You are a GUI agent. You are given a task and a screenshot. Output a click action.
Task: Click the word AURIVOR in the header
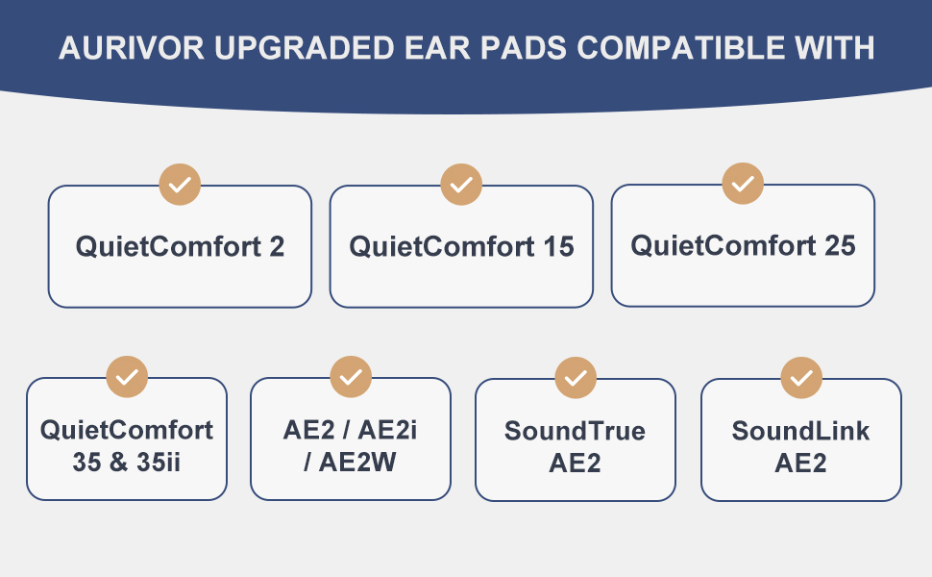[132, 48]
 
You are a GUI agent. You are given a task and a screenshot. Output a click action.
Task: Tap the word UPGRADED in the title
[305, 48]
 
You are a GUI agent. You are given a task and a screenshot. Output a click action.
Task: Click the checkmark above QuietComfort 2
[180, 185]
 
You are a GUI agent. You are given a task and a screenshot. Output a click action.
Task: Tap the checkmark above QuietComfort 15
[461, 185]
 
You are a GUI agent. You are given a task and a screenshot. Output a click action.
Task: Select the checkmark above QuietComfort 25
[743, 184]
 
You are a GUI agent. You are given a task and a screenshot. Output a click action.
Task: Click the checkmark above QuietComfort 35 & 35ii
[127, 377]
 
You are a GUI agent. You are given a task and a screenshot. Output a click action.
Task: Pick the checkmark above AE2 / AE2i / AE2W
[351, 377]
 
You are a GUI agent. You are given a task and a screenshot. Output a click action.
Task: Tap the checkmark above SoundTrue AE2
[576, 378]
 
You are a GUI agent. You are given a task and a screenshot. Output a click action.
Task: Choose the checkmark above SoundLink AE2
[801, 378]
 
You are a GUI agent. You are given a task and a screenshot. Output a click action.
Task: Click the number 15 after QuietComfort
[559, 247]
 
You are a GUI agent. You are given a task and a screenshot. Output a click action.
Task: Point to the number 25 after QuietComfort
[840, 245]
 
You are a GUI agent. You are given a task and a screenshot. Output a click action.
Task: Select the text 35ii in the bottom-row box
[159, 463]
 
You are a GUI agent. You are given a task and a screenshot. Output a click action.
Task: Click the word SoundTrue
[575, 431]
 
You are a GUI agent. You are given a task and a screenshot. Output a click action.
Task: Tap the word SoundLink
[800, 431]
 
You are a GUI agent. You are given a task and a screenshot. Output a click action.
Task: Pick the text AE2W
[357, 463]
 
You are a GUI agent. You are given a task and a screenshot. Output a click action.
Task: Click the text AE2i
[387, 430]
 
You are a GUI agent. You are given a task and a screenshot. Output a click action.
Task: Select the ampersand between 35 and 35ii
[119, 463]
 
